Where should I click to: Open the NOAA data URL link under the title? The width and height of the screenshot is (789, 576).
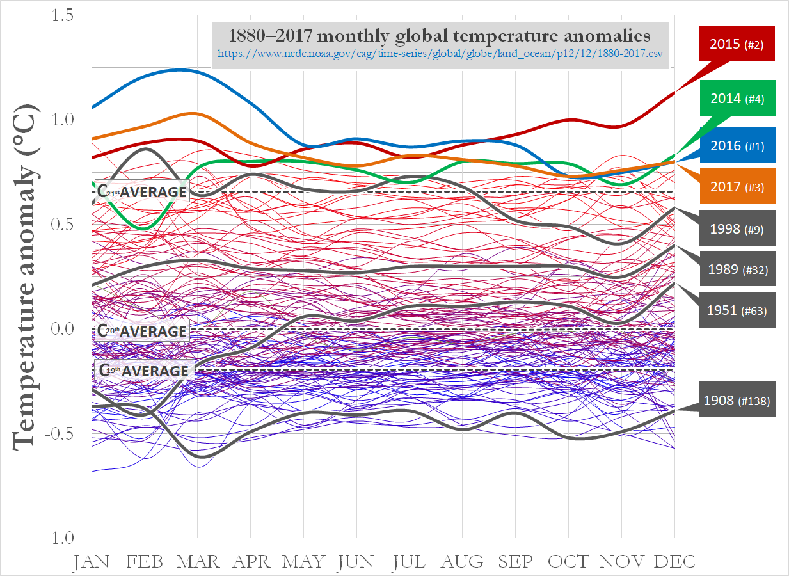440,54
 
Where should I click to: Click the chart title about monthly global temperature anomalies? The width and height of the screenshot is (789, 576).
440,35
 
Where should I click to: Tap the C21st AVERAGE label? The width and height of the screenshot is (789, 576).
142,191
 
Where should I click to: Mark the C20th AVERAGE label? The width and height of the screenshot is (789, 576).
142,331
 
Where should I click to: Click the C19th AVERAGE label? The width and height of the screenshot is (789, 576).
142,371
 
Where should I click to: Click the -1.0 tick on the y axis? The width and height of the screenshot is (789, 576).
62,538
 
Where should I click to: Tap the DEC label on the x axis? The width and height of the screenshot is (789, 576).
674,561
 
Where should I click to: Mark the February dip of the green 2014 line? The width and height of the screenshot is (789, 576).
145,228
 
